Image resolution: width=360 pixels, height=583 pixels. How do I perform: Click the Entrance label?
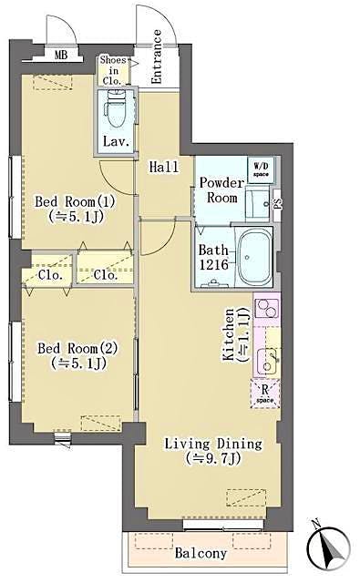point(157,57)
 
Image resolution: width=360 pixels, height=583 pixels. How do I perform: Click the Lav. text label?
point(114,142)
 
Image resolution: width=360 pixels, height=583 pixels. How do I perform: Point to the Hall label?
point(163,166)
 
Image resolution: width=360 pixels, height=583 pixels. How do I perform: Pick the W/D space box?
point(261,169)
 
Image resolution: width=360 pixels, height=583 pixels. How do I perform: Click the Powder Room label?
point(221,189)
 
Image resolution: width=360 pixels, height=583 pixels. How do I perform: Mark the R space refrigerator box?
point(263,394)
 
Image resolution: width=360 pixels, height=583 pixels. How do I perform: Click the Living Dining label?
point(213,451)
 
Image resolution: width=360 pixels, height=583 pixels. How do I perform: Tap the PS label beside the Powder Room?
point(279,204)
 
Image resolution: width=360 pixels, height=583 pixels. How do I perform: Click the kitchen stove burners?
point(268,315)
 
